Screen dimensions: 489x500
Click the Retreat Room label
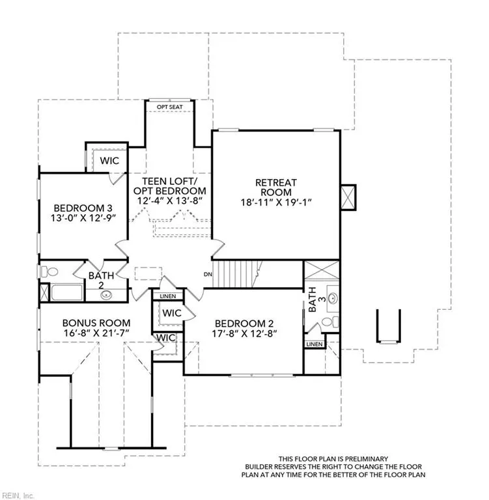(x=276, y=187)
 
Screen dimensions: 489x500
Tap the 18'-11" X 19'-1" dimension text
(x=276, y=202)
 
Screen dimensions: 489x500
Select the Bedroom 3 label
(x=83, y=208)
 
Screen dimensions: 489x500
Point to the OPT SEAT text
(x=170, y=107)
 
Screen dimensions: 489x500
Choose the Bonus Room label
(x=96, y=323)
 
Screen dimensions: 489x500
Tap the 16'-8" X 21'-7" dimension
(x=96, y=333)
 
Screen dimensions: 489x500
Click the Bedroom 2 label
(x=244, y=324)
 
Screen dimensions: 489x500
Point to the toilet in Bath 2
(x=49, y=272)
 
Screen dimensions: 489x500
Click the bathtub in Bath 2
(x=67, y=292)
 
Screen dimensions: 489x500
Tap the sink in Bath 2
(x=106, y=295)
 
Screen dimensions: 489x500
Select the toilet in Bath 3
(x=329, y=322)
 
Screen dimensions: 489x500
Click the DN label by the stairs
(x=208, y=274)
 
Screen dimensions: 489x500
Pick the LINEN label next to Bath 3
(x=314, y=344)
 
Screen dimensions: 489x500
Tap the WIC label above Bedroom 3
(x=109, y=161)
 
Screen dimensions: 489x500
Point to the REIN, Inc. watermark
(x=16, y=496)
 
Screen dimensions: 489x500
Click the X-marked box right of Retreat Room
(x=348, y=197)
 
